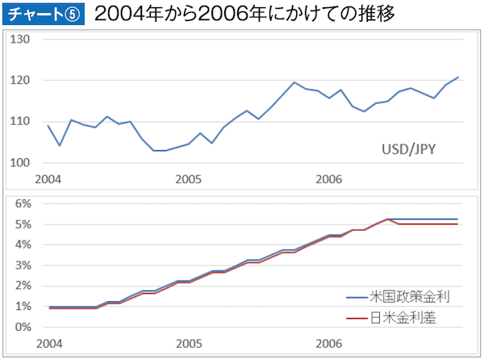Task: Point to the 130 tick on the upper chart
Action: [x=19, y=40]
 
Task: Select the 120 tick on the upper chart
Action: [x=19, y=81]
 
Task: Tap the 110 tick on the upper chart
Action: [x=19, y=122]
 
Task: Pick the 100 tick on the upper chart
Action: [x=19, y=163]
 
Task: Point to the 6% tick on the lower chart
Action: [x=22, y=203]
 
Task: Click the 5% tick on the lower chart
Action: [x=22, y=224]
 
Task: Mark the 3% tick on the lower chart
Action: [x=22, y=266]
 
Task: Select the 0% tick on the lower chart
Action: [x=22, y=327]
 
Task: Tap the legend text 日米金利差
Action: [x=403, y=317]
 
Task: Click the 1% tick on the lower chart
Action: [x=22, y=307]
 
